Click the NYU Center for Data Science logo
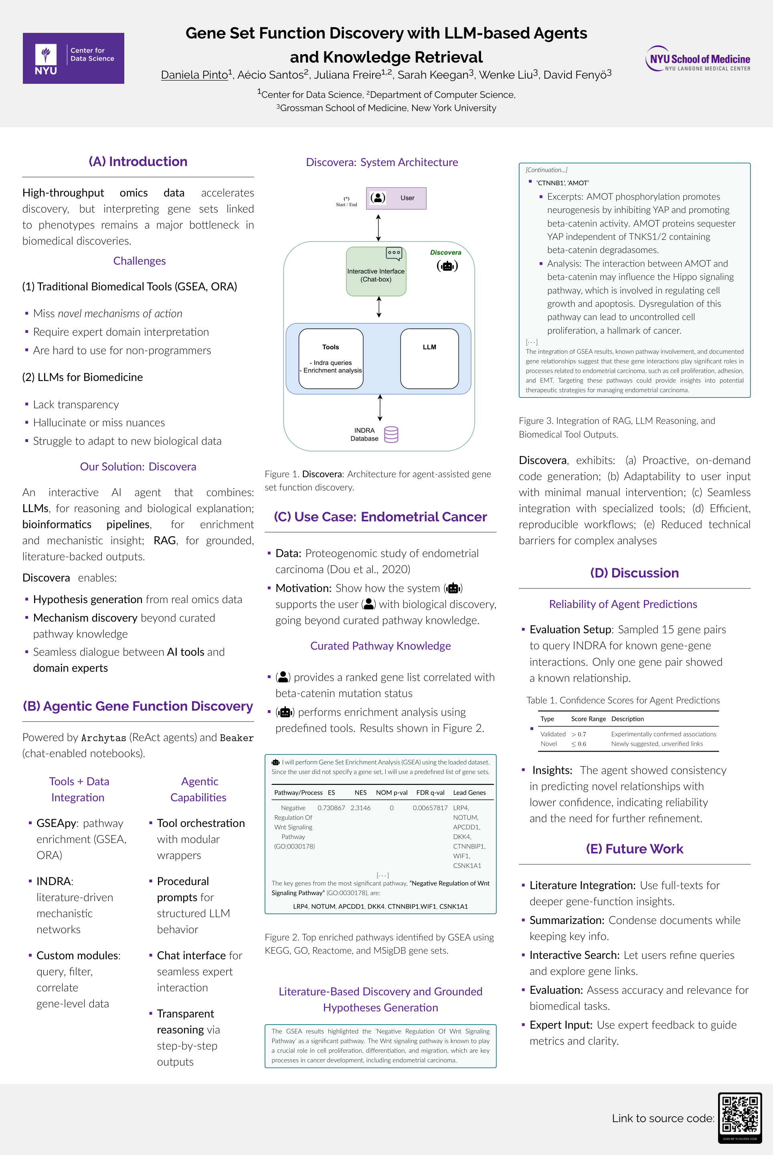pyautogui.click(x=73, y=58)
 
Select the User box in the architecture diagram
pyautogui.click(x=396, y=198)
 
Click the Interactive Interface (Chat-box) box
pyautogui.click(x=376, y=272)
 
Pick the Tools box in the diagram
pyautogui.click(x=331, y=359)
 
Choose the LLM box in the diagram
pyautogui.click(x=429, y=359)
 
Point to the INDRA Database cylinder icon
pyautogui.click(x=391, y=434)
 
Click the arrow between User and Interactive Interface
pyautogui.click(x=378, y=227)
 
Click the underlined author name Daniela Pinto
pyautogui.click(x=194, y=75)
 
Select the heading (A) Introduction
pyautogui.click(x=138, y=162)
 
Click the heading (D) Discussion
pyautogui.click(x=634, y=573)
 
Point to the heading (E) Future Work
pyautogui.click(x=634, y=849)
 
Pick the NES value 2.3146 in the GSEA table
pyautogui.click(x=360, y=808)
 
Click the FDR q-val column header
pyautogui.click(x=430, y=792)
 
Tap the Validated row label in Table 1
pyautogui.click(x=552, y=734)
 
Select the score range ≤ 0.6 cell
pyautogui.click(x=579, y=744)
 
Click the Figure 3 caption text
pyautogui.click(x=617, y=427)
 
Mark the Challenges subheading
pyautogui.click(x=140, y=261)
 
